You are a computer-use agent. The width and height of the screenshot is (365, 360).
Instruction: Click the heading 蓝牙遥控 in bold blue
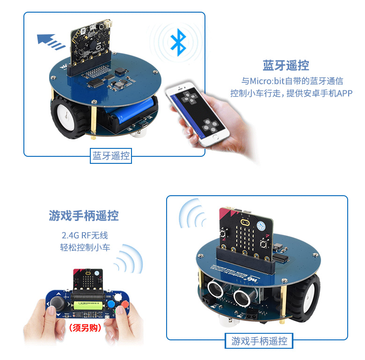(286, 65)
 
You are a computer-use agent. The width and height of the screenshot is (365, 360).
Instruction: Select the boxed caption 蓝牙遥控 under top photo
(111, 156)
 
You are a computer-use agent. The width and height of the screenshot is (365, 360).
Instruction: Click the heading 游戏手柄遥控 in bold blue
(84, 215)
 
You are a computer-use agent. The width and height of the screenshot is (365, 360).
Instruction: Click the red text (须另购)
(85, 328)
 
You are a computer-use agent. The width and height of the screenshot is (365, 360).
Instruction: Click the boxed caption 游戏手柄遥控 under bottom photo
(259, 341)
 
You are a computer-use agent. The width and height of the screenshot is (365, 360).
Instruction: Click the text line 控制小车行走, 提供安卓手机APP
(291, 93)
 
